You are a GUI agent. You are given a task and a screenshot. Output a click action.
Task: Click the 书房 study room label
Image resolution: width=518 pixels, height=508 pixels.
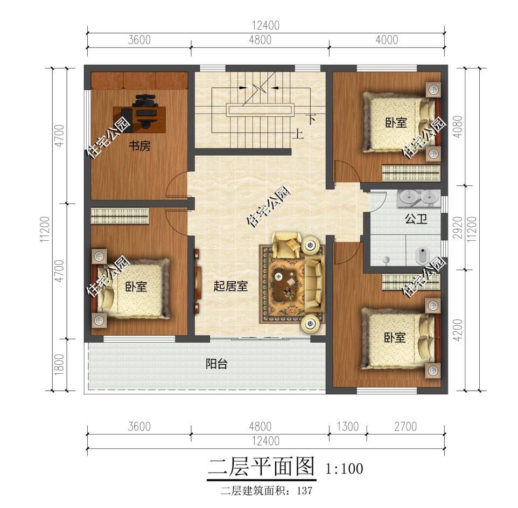coord(139,145)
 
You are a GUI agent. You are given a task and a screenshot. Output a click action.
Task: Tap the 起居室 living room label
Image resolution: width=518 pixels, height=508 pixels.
coord(230,286)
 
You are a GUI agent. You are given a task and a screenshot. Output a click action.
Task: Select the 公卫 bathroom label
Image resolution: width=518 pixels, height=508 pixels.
coord(416,219)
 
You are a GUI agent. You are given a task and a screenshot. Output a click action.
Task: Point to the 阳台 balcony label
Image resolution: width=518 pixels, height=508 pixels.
coord(216,364)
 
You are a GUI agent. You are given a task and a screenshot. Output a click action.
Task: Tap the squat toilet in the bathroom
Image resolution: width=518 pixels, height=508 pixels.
coord(422,256)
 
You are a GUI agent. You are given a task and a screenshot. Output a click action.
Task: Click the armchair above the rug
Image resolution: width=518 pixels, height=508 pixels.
coord(286,245)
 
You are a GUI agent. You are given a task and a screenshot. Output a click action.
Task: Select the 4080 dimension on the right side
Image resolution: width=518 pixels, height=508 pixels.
coord(458,127)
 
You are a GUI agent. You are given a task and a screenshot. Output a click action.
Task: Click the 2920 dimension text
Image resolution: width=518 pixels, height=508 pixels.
coord(458,227)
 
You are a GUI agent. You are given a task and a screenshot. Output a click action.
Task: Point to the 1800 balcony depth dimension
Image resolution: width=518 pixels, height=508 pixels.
coord(59,364)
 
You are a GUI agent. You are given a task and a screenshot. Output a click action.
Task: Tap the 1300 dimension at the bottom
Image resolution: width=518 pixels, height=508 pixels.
coord(347,426)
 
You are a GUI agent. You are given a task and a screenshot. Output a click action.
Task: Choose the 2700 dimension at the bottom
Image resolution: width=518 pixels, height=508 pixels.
coord(405,426)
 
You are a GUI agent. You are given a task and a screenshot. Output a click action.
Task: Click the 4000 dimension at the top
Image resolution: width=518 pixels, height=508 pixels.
coord(387,40)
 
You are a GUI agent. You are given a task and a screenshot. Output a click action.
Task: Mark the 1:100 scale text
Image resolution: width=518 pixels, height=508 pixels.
coord(344,469)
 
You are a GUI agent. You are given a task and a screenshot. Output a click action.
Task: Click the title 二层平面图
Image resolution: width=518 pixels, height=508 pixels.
coord(261,468)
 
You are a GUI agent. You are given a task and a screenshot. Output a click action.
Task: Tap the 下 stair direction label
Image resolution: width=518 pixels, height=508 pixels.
coord(311,119)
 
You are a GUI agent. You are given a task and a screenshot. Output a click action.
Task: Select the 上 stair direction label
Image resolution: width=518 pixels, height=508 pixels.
coord(298,134)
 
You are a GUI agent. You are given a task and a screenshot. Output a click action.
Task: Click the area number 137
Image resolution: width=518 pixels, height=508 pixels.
coord(304,491)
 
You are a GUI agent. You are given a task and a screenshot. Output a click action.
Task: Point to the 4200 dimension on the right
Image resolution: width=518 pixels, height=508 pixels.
coord(458,330)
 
